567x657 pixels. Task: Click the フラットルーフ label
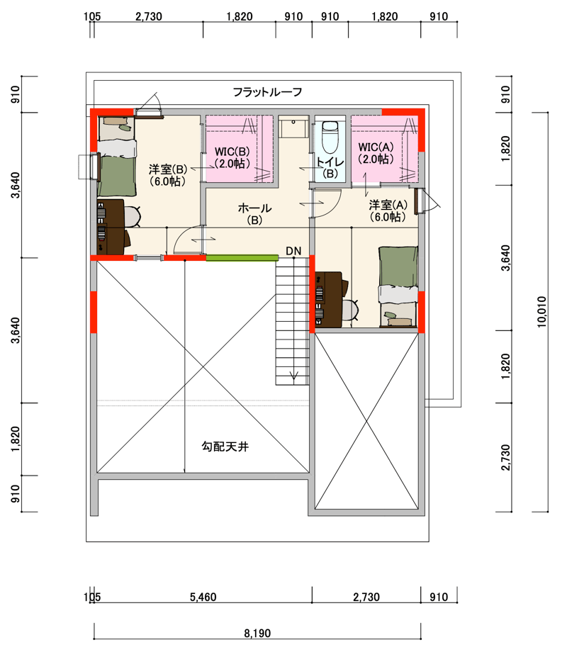[x=267, y=91]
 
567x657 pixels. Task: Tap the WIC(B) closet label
[x=232, y=157]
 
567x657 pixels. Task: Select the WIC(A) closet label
[x=376, y=153]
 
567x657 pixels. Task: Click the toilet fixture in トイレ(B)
[x=330, y=136]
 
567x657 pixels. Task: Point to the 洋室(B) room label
[x=168, y=175]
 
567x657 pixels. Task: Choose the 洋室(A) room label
[x=388, y=210]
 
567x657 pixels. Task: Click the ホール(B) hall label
[x=254, y=214]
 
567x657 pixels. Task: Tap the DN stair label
[x=293, y=251]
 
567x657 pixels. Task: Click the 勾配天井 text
[x=225, y=447]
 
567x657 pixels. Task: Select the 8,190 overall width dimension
[x=257, y=633]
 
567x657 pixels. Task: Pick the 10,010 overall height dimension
[x=542, y=312]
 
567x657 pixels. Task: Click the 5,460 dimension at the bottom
[x=203, y=597]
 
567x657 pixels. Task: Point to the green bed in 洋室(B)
[x=116, y=157]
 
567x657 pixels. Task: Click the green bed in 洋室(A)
[x=398, y=287]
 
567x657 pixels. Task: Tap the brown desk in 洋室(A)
[x=330, y=299]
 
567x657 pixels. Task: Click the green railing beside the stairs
[x=242, y=258]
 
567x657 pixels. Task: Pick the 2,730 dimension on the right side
[x=506, y=458]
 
